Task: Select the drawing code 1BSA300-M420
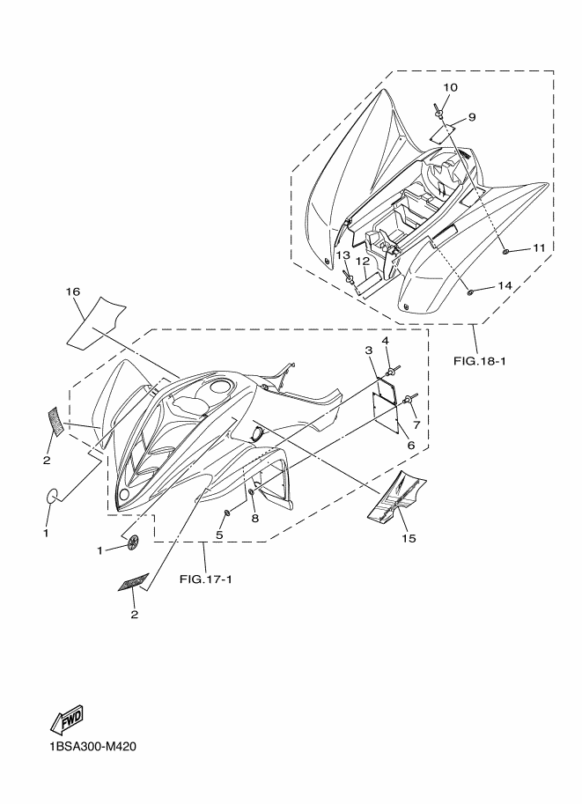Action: tap(86, 748)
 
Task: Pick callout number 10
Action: tap(449, 87)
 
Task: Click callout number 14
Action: tap(505, 286)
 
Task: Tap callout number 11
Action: tap(538, 249)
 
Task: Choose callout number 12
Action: tap(362, 261)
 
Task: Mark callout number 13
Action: tap(343, 255)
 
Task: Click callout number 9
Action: tap(471, 116)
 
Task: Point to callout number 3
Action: tap(369, 350)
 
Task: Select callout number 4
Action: tap(386, 341)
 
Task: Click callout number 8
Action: tap(254, 520)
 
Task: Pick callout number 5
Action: tap(219, 535)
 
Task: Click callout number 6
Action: tap(409, 446)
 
